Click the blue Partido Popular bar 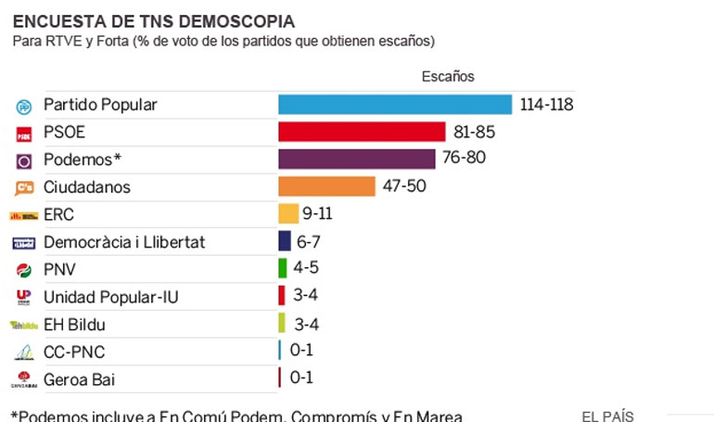click(395, 105)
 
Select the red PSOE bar click(363, 132)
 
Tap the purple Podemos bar click(356, 159)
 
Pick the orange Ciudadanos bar click(326, 186)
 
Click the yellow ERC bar click(288, 214)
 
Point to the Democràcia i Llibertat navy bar click(285, 241)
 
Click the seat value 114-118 click(546, 105)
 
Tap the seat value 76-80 click(464, 159)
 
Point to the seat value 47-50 click(404, 186)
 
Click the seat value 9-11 click(317, 214)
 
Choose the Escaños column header click(448, 76)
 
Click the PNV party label click(60, 270)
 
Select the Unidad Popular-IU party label click(110, 297)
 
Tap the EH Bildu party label click(74, 325)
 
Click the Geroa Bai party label click(79, 379)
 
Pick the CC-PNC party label click(73, 352)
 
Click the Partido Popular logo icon click(23, 106)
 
